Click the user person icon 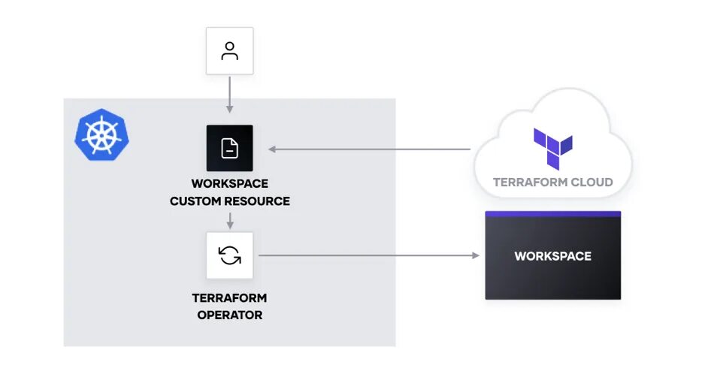point(230,51)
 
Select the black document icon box point(230,149)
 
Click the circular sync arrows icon point(230,255)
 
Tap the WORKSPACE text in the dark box point(552,256)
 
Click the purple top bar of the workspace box point(552,214)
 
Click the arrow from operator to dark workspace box point(368,256)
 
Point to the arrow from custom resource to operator point(230,219)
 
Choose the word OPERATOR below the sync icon point(230,315)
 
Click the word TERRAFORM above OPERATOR point(230,298)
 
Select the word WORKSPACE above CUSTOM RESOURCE point(230,184)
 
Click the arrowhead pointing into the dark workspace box point(475,256)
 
